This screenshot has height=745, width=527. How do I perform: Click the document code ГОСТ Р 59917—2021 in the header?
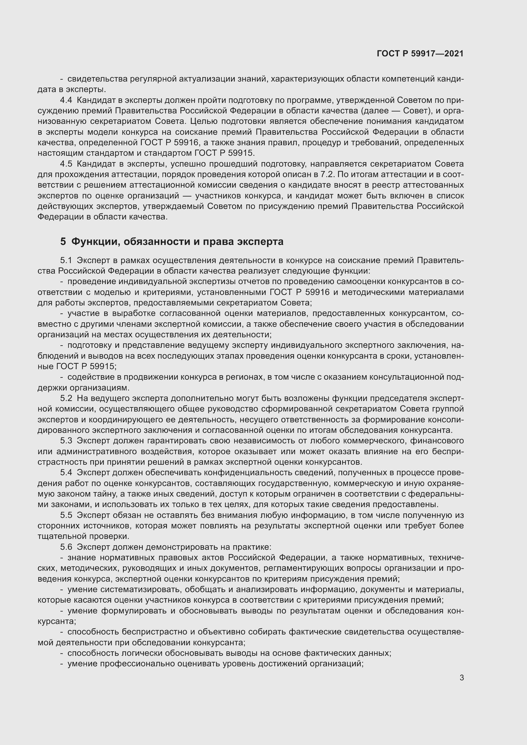tap(420, 54)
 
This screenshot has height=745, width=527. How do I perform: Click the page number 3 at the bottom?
tap(461, 678)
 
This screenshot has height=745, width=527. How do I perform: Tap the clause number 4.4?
tap(66, 100)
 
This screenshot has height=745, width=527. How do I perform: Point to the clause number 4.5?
tap(66, 164)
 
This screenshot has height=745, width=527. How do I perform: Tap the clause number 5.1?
tap(66, 261)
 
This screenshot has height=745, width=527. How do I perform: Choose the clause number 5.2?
tap(66, 398)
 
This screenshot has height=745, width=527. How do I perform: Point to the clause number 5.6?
tap(66, 547)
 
